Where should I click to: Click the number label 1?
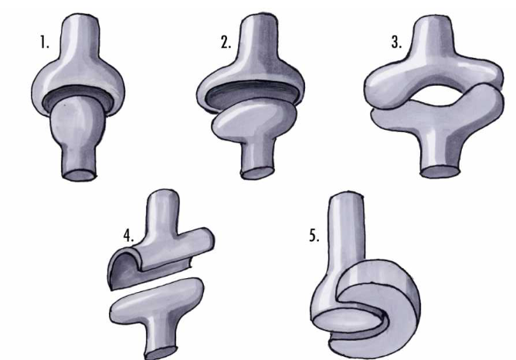[45, 42]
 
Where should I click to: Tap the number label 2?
[226, 42]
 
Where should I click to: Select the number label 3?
[396, 42]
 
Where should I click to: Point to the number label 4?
[129, 236]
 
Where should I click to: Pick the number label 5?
[314, 236]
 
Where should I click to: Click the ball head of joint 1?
[78, 118]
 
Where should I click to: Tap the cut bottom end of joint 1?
[79, 174]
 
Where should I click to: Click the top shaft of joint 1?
[80, 36]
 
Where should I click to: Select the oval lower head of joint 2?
[254, 119]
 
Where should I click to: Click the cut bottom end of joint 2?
[258, 172]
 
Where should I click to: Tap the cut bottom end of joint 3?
[441, 172]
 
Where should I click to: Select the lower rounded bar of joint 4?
[157, 300]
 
